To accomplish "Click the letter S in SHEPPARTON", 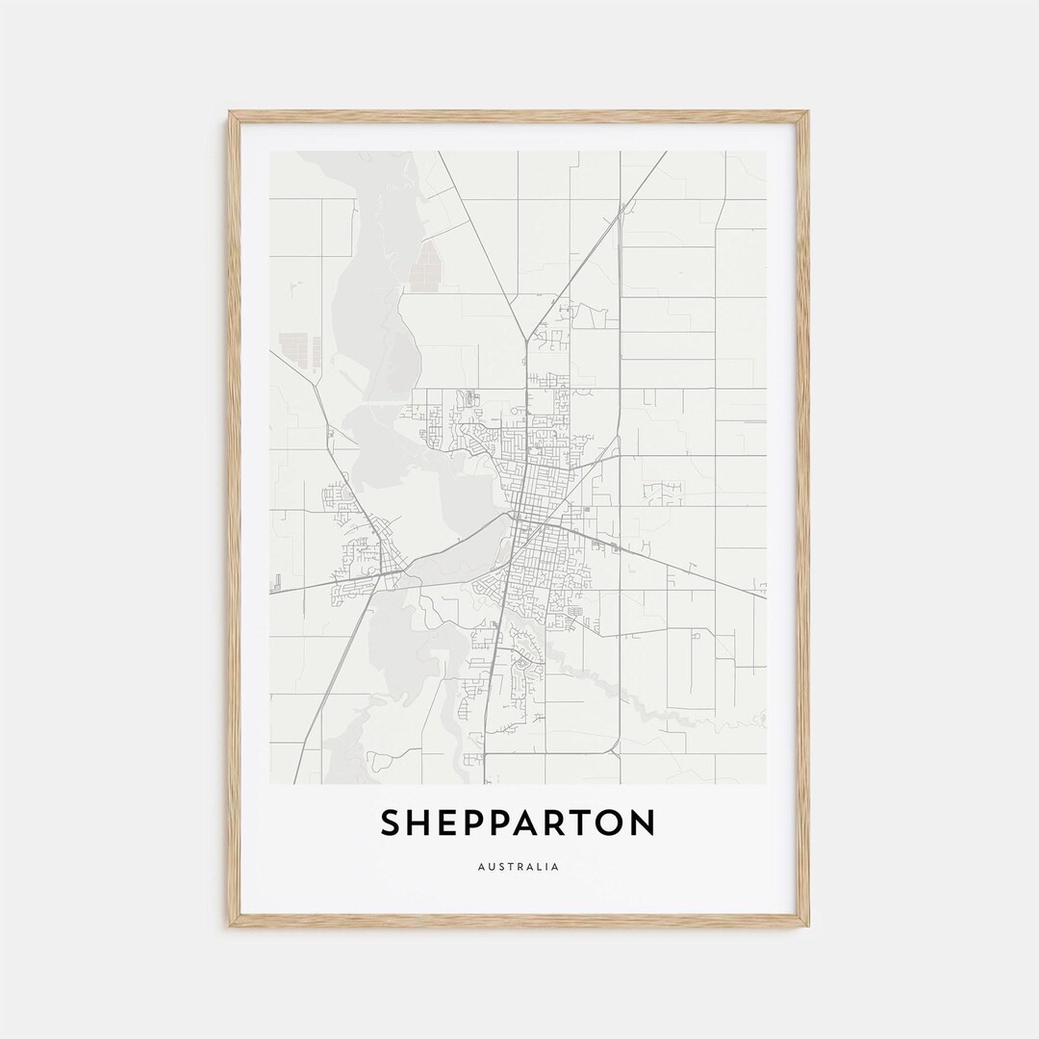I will (392, 824).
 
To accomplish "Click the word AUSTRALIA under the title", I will (518, 867).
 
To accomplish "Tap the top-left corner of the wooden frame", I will (230, 113).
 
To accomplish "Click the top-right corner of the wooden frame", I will (808, 113).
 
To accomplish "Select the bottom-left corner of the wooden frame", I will (230, 925).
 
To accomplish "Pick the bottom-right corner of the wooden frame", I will (808, 925).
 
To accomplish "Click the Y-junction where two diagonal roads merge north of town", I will (526, 339).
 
